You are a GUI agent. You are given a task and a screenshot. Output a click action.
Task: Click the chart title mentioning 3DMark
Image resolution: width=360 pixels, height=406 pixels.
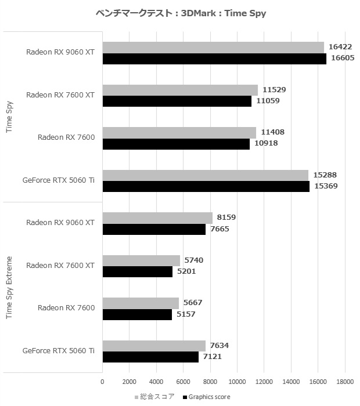[x=179, y=13]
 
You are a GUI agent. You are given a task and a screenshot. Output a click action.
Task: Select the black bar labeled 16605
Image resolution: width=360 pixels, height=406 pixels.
[x=214, y=59]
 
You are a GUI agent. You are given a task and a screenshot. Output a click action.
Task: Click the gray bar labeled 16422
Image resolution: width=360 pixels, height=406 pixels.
[x=213, y=48]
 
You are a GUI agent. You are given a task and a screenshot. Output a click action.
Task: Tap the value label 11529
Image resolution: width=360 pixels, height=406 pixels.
[x=274, y=90]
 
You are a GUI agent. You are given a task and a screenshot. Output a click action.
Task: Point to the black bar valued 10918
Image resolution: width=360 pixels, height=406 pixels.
[x=176, y=144]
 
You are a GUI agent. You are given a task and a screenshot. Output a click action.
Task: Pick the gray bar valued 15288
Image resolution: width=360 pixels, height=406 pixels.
[x=206, y=175]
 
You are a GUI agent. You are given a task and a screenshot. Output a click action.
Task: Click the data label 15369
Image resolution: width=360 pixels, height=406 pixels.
[x=326, y=186]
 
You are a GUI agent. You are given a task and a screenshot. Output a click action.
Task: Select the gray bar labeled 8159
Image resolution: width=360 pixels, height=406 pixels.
[x=157, y=217]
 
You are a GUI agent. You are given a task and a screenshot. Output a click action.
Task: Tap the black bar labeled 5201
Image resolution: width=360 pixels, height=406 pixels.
[x=138, y=271]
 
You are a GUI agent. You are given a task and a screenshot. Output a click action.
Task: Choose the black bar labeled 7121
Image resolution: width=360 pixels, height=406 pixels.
[x=150, y=357]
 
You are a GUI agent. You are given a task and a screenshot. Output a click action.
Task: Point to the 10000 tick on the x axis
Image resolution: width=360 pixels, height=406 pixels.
[x=237, y=382]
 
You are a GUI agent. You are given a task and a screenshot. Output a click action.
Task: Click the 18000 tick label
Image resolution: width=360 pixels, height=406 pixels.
[x=345, y=382]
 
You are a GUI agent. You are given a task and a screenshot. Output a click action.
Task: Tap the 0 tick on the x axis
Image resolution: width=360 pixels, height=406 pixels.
[x=103, y=382]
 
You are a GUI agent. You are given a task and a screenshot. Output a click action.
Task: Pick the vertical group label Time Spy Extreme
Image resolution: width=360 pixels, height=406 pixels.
[x=9, y=287]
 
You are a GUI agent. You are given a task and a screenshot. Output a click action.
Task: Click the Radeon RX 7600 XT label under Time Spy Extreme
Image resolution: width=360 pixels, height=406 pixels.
[x=60, y=266]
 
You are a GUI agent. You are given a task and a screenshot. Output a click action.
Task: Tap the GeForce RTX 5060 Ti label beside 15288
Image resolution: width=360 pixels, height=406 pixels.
[x=59, y=180]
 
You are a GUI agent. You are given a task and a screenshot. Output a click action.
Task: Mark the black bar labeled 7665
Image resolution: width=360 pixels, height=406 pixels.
[x=154, y=229]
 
